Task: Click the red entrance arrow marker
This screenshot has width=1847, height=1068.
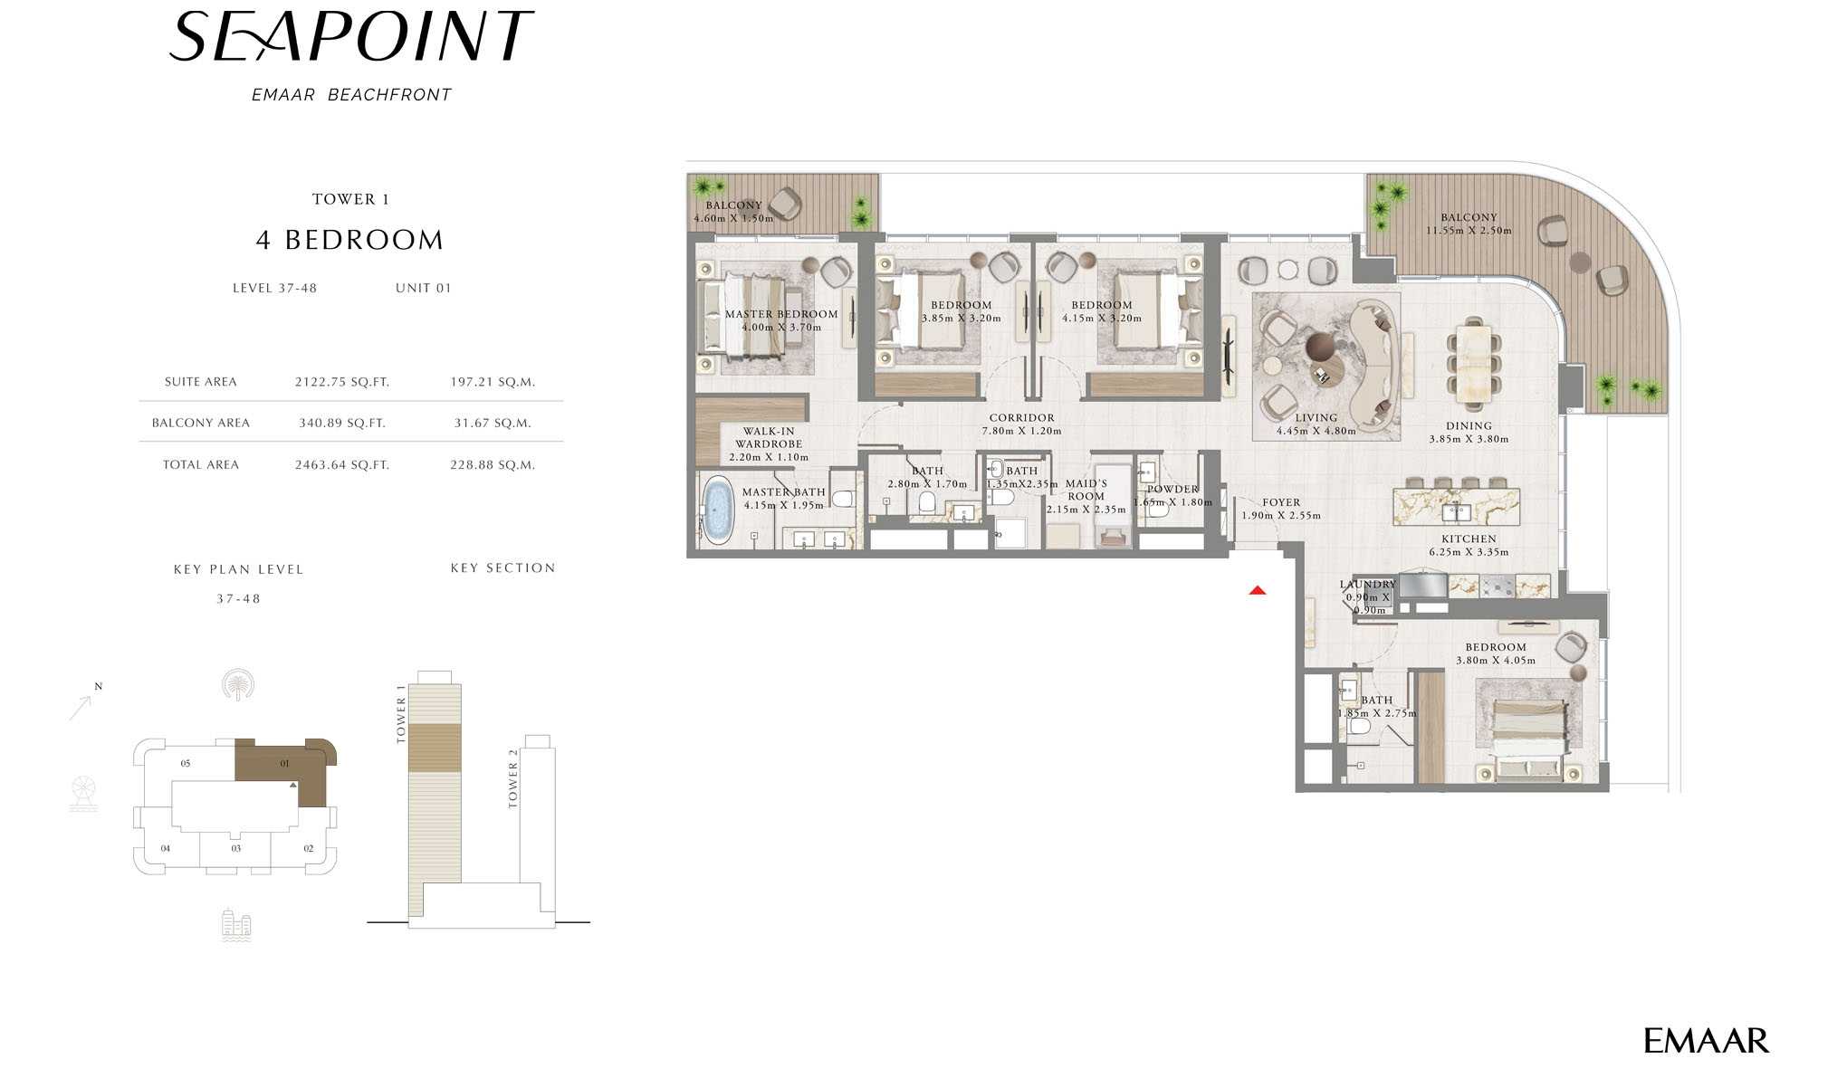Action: point(1257,590)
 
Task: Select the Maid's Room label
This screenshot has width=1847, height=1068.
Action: point(1086,490)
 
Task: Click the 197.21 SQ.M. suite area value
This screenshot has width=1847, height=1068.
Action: point(493,382)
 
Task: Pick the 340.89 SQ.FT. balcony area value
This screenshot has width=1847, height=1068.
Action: point(342,423)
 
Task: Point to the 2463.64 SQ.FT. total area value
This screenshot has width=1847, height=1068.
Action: point(342,464)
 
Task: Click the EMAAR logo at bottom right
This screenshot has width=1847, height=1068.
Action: point(1706,1041)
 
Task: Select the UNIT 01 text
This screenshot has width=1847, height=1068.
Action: point(423,288)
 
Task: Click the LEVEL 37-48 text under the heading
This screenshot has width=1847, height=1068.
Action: point(274,288)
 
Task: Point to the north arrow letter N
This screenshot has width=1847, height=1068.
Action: point(99,686)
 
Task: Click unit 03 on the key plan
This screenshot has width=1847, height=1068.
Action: point(235,848)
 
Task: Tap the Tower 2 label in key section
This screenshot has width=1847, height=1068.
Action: point(513,778)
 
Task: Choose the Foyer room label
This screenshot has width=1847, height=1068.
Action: point(1281,502)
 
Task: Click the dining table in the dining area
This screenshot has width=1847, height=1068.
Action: point(1473,363)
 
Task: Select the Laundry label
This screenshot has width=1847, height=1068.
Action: point(1368,585)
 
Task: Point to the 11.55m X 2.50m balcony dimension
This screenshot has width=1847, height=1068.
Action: point(1469,231)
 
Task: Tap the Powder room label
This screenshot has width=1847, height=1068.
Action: point(1172,490)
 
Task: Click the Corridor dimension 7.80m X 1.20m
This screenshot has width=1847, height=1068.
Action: point(1021,431)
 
